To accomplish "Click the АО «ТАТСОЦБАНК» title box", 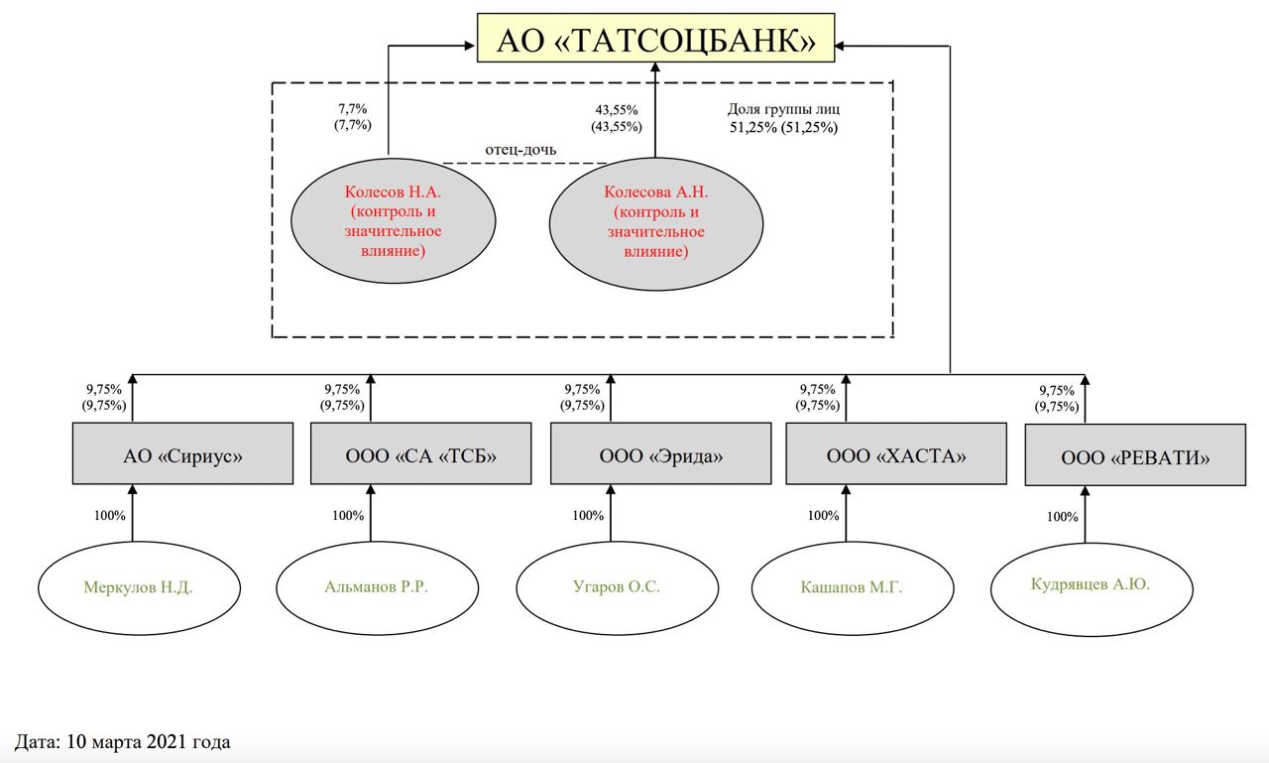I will pyautogui.click(x=655, y=39).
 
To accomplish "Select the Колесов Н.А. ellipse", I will pyautogui.click(x=394, y=221).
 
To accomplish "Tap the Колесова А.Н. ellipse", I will pyautogui.click(x=655, y=221).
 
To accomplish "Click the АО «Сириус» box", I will pyautogui.click(x=183, y=454).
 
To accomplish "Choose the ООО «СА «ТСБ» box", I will pyautogui.click(x=420, y=454).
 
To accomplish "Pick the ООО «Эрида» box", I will pyautogui.click(x=660, y=454).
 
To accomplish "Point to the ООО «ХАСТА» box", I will pyautogui.click(x=895, y=454).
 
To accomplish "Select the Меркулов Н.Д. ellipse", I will pyautogui.click(x=138, y=587).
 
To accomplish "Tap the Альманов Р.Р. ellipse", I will pyautogui.click(x=376, y=586).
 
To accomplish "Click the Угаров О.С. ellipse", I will pyautogui.click(x=616, y=586).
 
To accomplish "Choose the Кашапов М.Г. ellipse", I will pyautogui.click(x=851, y=587).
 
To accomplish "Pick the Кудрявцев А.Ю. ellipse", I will pyautogui.click(x=1090, y=585).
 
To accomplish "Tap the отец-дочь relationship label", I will pyautogui.click(x=519, y=150).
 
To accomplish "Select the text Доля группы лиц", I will pyautogui.click(x=783, y=109).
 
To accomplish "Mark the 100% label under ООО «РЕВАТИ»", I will pyautogui.click(x=1062, y=517).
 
